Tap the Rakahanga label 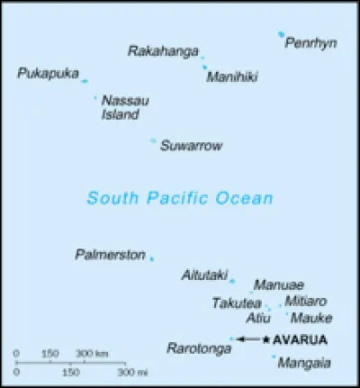point(163,51)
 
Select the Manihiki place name point(232,77)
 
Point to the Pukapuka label point(48,73)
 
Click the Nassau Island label point(121,108)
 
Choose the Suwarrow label point(191,146)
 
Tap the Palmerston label point(110,256)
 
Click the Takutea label point(237,303)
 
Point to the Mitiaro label point(306,301)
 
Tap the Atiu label point(258,319)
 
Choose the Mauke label point(311,319)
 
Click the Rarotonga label point(196,347)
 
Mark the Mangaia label point(304,364)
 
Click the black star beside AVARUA point(265,339)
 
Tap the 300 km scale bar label point(92,353)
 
